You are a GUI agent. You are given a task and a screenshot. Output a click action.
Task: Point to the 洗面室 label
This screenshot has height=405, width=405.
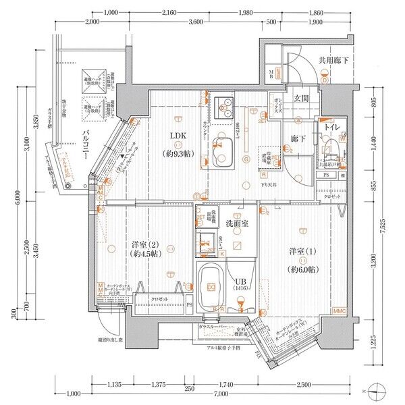[238, 223]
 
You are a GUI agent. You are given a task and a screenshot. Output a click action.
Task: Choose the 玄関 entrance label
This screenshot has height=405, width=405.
[301, 99]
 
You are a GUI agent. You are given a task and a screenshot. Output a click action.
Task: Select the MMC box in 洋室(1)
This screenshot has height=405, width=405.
[339, 312]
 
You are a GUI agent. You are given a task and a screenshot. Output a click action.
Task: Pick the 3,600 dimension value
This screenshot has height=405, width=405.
[196, 22]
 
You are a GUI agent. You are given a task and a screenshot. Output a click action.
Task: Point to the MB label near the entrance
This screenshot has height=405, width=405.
[271, 74]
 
